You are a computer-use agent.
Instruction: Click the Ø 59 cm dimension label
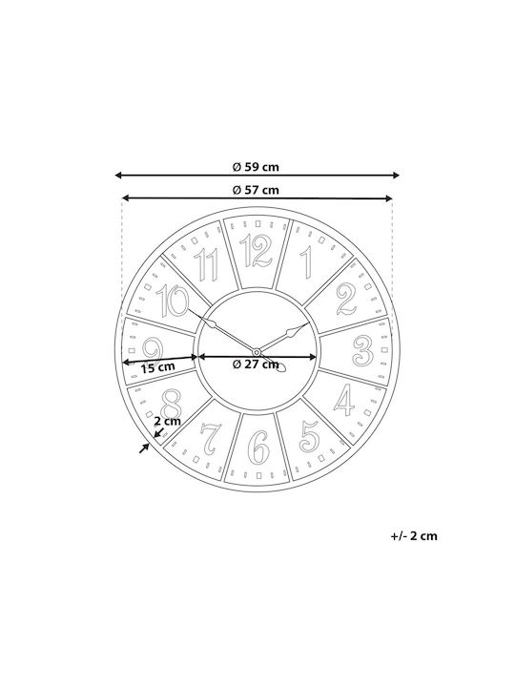(256, 167)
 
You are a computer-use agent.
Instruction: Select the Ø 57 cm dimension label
(256, 190)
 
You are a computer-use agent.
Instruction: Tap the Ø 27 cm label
(256, 364)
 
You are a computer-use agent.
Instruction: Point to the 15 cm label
(157, 367)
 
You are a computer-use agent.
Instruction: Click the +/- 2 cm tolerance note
(414, 536)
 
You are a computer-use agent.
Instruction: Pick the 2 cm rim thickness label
(167, 421)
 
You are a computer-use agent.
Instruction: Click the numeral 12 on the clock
(257, 251)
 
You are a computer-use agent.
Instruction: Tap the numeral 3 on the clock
(363, 350)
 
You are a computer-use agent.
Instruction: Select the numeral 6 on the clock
(258, 448)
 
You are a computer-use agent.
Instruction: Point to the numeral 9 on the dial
(153, 350)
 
